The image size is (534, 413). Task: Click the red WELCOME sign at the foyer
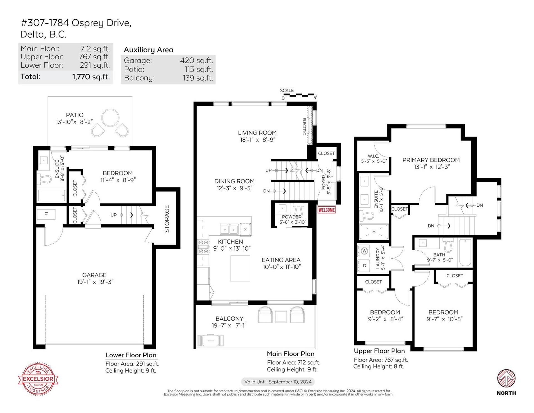[x=327, y=210]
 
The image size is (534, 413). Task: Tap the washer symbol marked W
[x=364, y=251]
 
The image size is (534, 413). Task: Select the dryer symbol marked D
[x=364, y=266]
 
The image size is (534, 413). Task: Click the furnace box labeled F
[x=46, y=214]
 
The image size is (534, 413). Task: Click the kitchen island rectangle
[x=240, y=269]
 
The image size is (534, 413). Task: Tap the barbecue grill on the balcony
[x=211, y=340]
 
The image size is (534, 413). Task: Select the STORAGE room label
[x=167, y=219]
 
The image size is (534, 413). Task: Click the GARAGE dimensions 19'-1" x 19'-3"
[x=95, y=282]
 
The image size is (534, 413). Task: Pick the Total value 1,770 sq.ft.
[x=91, y=77]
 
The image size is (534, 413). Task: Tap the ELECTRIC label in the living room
[x=304, y=126]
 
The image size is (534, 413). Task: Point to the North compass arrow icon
[x=506, y=378]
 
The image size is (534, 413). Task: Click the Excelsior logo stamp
[x=38, y=379]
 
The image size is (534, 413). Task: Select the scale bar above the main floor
[x=299, y=95]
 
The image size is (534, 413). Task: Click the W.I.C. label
[x=373, y=156]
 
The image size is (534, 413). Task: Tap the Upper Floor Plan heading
[x=379, y=351]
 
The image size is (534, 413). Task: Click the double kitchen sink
[x=229, y=229]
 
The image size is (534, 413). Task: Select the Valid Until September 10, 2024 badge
[x=278, y=382]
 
